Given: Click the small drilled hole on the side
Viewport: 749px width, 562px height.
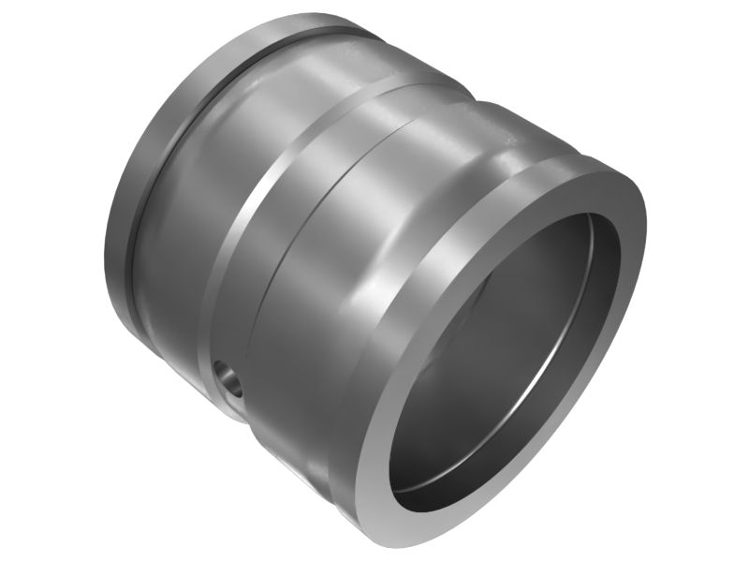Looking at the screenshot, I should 227,379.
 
